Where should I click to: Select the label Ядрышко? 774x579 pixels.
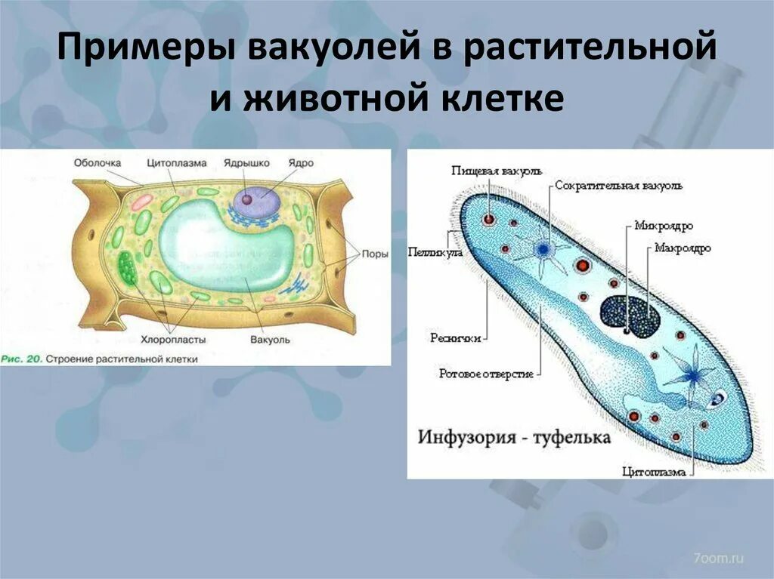pos(243,162)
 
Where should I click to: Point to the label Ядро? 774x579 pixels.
pos(301,162)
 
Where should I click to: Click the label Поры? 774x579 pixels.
pos(375,254)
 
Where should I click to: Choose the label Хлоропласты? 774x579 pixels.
pos(169,340)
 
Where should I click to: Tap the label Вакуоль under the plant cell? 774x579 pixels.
pos(270,340)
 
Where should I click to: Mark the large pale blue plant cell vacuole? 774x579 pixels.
pos(227,249)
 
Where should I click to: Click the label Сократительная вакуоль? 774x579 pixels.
pos(618,186)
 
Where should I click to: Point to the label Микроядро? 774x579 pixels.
pos(664,225)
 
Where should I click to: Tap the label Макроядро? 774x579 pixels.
pos(682,248)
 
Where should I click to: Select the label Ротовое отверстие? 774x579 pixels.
pos(487,373)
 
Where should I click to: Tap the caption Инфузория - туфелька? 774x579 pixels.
pos(513,438)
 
